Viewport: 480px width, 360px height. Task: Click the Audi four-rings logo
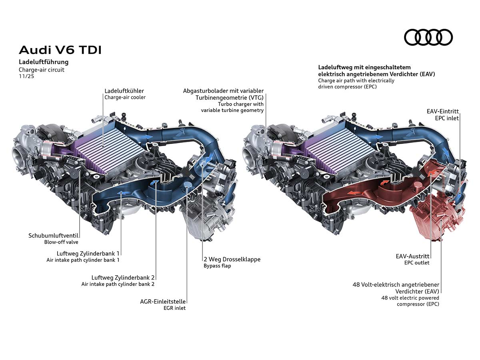pos(428,37)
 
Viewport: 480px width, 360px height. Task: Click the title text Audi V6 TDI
pos(60,50)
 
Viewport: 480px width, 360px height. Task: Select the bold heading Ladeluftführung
pos(44,62)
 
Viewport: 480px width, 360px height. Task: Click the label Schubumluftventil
pos(53,236)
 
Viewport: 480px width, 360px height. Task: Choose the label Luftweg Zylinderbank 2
pos(123,277)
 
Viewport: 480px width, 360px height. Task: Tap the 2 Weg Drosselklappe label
pos(232,259)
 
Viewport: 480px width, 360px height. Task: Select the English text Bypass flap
pos(217,266)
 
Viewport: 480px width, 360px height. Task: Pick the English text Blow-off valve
pos(61,242)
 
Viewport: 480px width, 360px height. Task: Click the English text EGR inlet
pos(174,308)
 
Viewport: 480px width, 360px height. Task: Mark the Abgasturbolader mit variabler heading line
pos(223,91)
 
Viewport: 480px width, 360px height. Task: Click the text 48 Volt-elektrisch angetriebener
pos(396,285)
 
